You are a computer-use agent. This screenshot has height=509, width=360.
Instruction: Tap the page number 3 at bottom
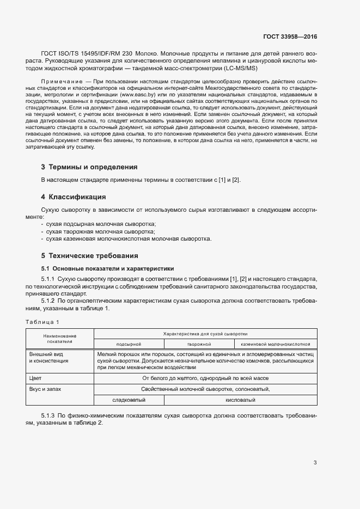point(315,463)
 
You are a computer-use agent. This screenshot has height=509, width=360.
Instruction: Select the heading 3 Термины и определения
point(89,167)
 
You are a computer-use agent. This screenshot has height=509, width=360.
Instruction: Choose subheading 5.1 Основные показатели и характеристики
point(108,268)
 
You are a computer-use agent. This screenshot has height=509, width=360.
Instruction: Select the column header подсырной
point(129,344)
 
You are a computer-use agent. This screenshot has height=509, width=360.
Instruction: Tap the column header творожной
point(199,344)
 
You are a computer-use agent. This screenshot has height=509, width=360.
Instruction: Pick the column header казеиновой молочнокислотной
point(275,344)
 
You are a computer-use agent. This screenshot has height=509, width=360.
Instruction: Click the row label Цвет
point(35,378)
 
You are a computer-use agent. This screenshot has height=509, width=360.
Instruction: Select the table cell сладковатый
point(129,400)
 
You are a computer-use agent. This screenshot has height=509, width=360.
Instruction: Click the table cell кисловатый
point(240,400)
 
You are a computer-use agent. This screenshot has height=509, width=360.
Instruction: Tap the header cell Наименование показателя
point(60,339)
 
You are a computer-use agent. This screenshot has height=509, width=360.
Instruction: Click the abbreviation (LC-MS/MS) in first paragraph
point(239,68)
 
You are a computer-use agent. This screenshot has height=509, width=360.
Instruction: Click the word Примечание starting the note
point(58,81)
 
